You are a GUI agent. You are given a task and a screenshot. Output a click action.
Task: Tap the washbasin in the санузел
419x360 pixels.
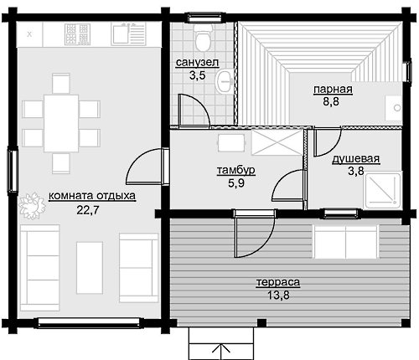pos(225,81)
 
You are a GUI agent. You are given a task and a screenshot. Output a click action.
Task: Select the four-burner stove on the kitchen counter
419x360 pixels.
pos(77,34)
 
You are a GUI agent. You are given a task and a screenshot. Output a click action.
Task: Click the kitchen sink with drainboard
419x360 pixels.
pos(128,34)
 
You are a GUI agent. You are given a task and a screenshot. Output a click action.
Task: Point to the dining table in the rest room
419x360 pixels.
pos(61,123)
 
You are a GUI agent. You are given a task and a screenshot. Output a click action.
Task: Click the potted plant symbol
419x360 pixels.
pos(32,206)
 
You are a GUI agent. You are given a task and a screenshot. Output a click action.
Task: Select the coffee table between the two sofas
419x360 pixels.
pos(90,267)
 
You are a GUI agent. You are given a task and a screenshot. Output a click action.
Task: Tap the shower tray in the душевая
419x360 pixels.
pos(382,191)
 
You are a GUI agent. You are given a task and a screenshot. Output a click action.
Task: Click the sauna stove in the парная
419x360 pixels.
pos(393,108)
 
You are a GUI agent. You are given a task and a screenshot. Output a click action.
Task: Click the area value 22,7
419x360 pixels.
pos(88,210)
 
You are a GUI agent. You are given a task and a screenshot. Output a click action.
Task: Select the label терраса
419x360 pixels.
pos(278,282)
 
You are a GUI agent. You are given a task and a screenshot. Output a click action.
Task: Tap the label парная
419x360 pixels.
pos(333,90)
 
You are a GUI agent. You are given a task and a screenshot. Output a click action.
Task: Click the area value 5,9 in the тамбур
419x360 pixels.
pos(236,183)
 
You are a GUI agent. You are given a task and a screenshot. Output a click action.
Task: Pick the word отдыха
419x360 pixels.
pos(116,196)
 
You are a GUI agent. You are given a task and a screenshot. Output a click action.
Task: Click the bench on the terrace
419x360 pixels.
pos(346,242)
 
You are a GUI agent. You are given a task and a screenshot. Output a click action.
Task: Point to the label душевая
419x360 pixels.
pos(356,159)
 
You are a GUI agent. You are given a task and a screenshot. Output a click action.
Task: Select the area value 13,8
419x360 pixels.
pos(278,295)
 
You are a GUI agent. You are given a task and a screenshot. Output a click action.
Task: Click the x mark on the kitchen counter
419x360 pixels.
pos(29,34)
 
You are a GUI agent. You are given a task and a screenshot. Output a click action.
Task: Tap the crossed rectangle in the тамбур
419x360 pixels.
pos(277,142)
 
